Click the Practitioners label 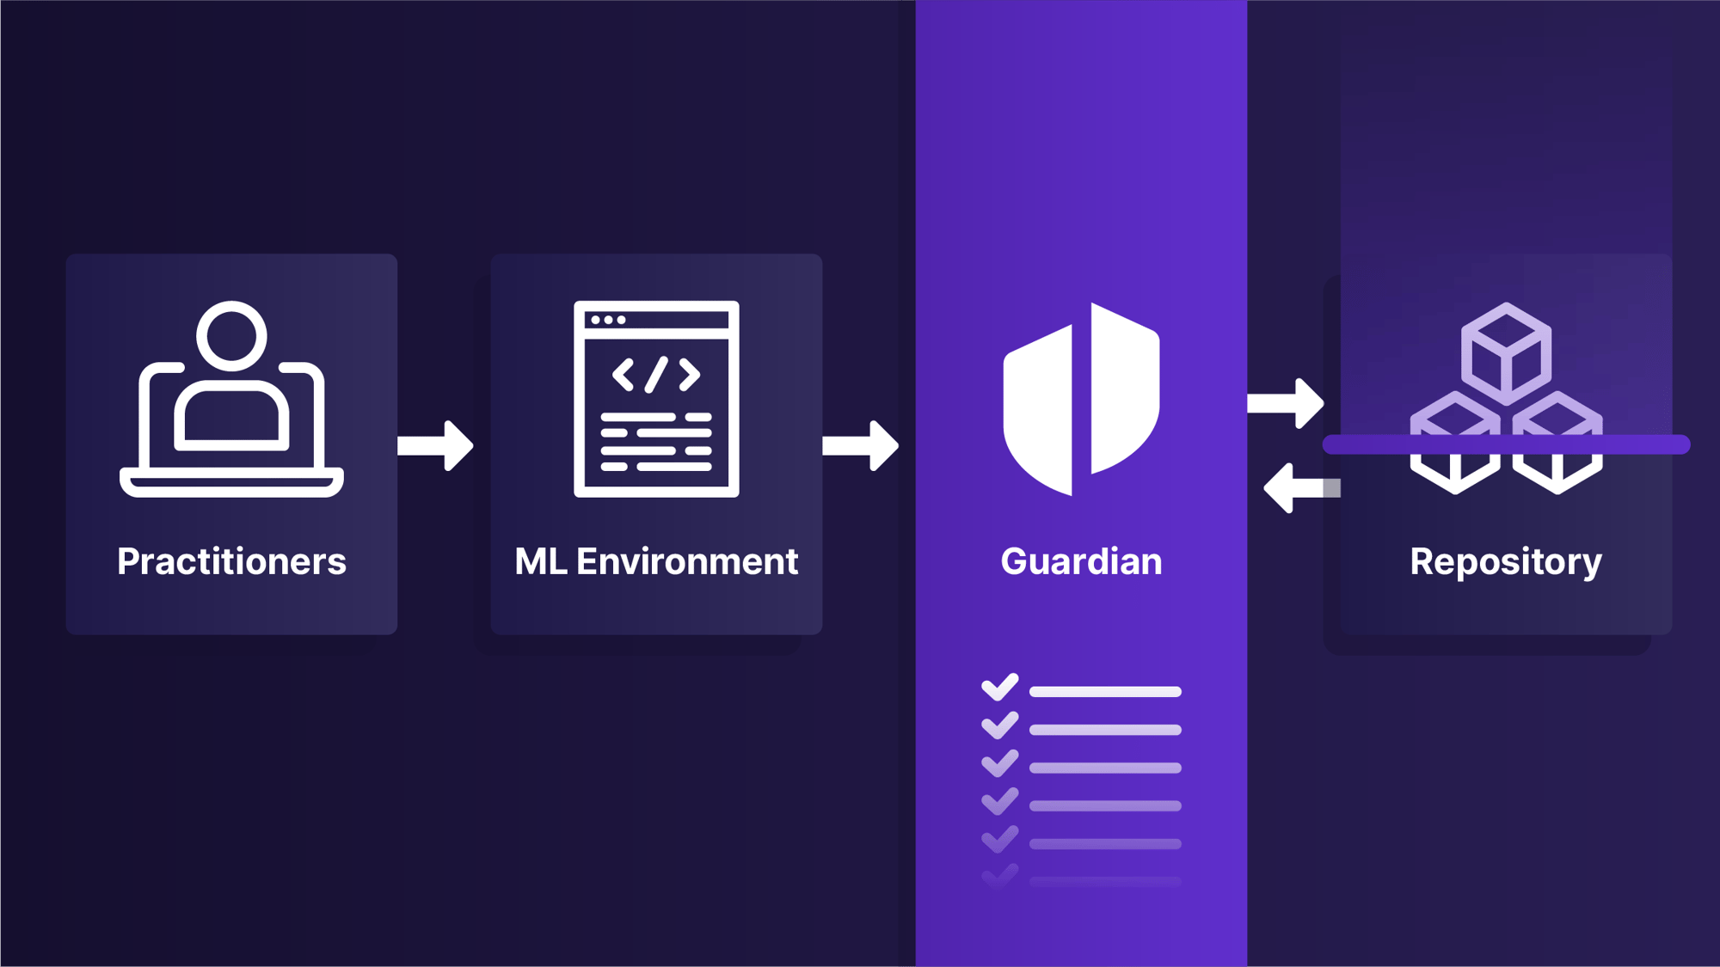pyautogui.click(x=231, y=561)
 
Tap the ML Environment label pyautogui.click(x=656, y=561)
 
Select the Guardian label pyautogui.click(x=1081, y=561)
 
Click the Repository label pyautogui.click(x=1505, y=561)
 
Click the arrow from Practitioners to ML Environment pyautogui.click(x=436, y=445)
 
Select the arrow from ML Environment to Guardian pyautogui.click(x=861, y=445)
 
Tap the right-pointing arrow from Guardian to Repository pyautogui.click(x=1286, y=402)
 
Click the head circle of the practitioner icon pyautogui.click(x=231, y=336)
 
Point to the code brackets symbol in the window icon pyautogui.click(x=656, y=375)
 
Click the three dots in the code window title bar pyautogui.click(x=608, y=320)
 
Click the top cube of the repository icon pyautogui.click(x=1506, y=352)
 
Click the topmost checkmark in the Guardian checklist pyautogui.click(x=999, y=688)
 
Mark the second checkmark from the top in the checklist pyautogui.click(x=999, y=725)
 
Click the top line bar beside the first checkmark pyautogui.click(x=1105, y=692)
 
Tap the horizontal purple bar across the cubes pyautogui.click(x=1506, y=444)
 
